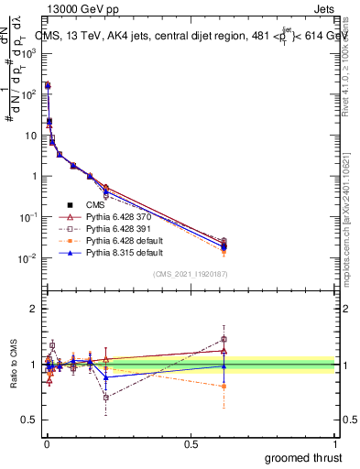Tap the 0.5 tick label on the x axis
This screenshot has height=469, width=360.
(x=191, y=444)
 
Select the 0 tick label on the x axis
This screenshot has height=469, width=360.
(x=46, y=444)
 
